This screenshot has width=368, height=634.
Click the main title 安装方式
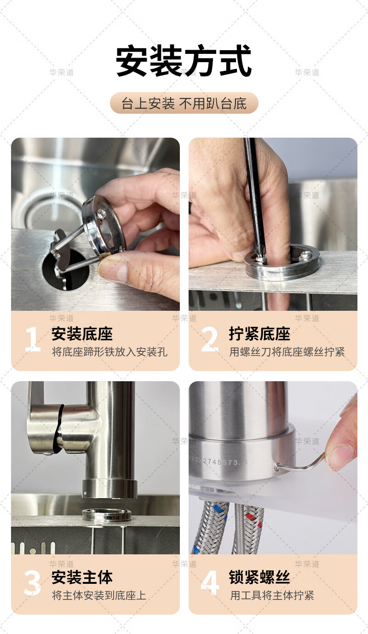pos(184,61)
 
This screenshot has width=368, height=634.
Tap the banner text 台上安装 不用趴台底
pos(184,103)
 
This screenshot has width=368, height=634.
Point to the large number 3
pos(32,583)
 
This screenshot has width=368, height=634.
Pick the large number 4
pos(210,583)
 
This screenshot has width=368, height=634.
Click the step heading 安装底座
pos(82,334)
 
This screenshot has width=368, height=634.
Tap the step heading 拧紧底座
pos(259,334)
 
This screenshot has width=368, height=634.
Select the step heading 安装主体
pos(82,577)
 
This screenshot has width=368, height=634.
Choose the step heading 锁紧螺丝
pos(259,577)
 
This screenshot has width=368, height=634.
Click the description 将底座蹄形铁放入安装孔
pos(110,352)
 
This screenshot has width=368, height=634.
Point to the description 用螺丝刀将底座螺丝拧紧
pos(287,352)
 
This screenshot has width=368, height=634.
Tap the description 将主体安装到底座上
pos(99,595)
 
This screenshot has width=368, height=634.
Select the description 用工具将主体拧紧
pos(272,595)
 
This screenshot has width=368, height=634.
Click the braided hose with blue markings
pos(210,526)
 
